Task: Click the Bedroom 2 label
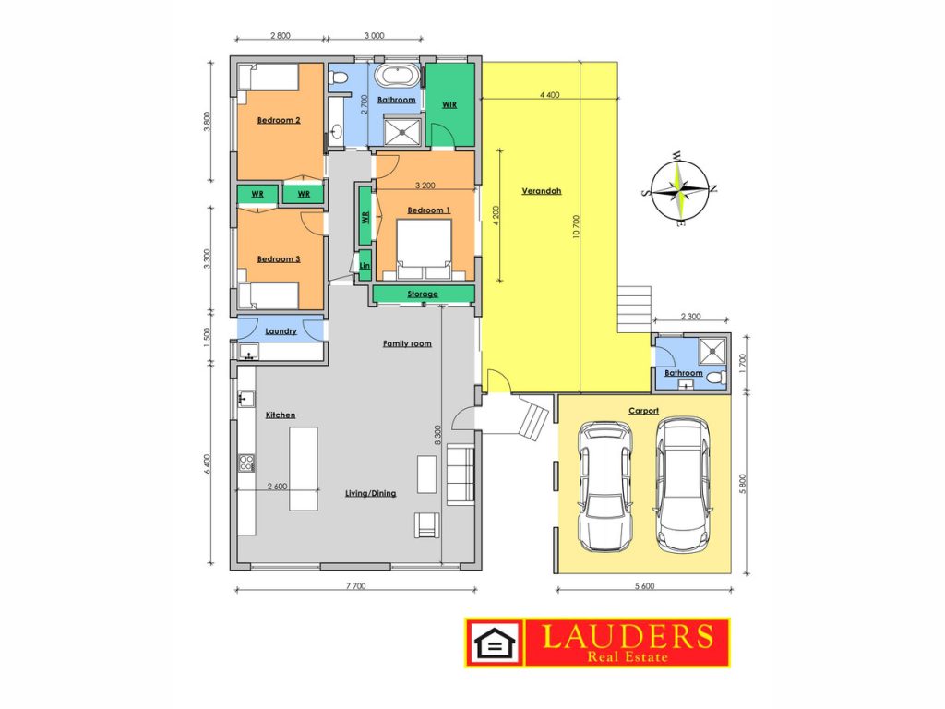(279, 120)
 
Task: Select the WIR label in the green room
(449, 104)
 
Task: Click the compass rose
(679, 190)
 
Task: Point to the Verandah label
(541, 191)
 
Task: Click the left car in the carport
(605, 486)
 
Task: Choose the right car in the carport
(682, 486)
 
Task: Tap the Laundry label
(281, 331)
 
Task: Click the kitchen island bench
(304, 468)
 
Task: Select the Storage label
(423, 294)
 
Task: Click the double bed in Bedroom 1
(424, 249)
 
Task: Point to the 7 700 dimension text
(355, 585)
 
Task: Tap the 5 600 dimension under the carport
(644, 585)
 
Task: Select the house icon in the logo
(495, 643)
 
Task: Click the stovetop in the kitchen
(246, 463)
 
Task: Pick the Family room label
(407, 343)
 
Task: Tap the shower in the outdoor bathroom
(713, 350)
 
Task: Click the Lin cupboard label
(365, 266)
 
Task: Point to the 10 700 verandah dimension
(576, 227)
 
